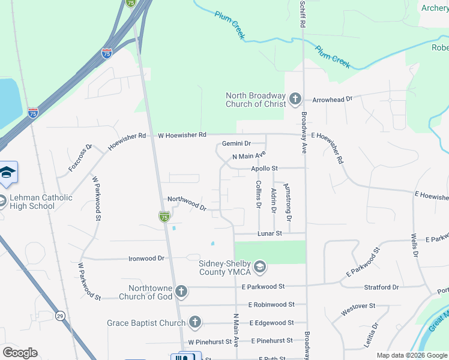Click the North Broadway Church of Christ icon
click(x=295, y=99)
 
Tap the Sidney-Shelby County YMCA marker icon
click(x=259, y=265)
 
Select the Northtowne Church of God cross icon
click(x=181, y=292)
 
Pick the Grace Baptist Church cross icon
click(x=194, y=323)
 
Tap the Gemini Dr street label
click(x=236, y=143)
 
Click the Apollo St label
click(x=264, y=169)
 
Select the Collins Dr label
click(x=259, y=194)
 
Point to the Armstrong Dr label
click(x=288, y=202)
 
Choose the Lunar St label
click(x=270, y=233)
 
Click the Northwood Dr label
click(x=187, y=203)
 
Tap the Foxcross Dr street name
click(x=80, y=157)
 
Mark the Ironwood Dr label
click(x=146, y=259)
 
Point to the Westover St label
click(x=358, y=310)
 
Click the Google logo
click(x=20, y=353)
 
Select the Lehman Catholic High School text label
click(x=41, y=202)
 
